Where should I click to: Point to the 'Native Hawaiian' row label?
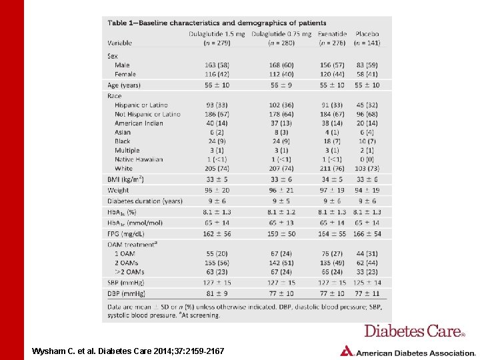point(139,159)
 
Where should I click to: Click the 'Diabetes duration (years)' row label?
point(145,201)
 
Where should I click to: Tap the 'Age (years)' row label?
point(124,85)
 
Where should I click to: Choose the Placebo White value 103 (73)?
point(367,169)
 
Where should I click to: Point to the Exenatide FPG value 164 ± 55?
point(332,233)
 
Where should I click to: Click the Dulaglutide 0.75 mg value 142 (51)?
point(281,263)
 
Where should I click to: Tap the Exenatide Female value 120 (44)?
point(332,75)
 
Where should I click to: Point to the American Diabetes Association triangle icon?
point(347,351)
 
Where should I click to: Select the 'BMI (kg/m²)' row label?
point(126,179)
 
